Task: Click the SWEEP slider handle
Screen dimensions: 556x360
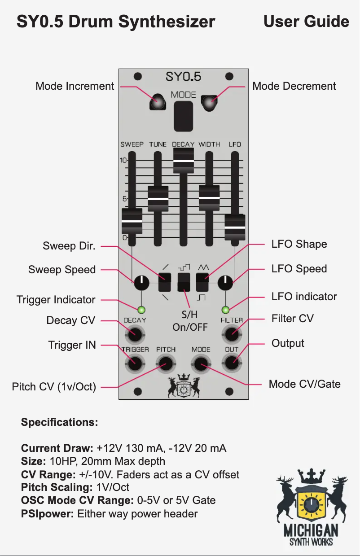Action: (x=132, y=221)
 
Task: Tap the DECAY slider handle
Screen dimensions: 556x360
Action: (x=183, y=160)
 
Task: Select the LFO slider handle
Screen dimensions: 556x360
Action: (x=235, y=227)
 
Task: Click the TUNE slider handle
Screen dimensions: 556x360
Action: (x=158, y=199)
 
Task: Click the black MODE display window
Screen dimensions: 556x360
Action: (x=183, y=115)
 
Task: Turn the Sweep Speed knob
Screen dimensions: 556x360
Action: (x=141, y=282)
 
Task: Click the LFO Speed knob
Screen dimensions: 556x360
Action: (x=225, y=282)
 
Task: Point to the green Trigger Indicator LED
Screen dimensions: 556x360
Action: (x=141, y=309)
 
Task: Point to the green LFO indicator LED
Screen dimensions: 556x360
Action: (x=225, y=309)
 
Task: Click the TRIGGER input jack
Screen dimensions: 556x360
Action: (x=134, y=363)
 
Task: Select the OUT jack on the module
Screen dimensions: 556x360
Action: (x=232, y=363)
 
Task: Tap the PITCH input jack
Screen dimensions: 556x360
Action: (x=165, y=363)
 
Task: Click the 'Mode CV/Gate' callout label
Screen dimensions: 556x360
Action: (x=304, y=384)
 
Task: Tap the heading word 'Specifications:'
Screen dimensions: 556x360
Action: (x=59, y=423)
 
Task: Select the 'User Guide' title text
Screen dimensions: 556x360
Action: (x=306, y=22)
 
